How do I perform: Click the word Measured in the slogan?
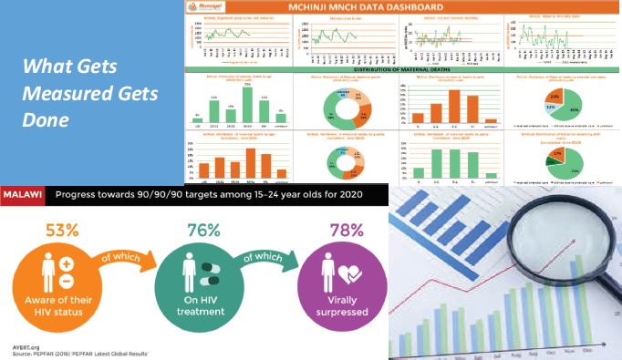[72, 94]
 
